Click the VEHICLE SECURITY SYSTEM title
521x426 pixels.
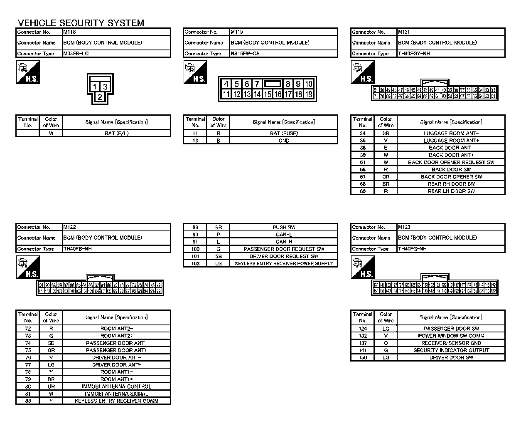click(81, 23)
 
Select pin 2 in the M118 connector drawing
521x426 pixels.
click(100, 97)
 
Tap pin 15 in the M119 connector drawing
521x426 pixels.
click(268, 94)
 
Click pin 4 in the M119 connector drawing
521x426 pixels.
click(226, 84)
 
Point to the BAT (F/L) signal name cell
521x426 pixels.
click(116, 134)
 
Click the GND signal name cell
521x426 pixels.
click(284, 141)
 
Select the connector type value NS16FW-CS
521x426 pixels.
click(245, 54)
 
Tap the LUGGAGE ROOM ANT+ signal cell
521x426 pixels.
click(451, 141)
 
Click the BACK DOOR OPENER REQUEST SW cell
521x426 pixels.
click(451, 162)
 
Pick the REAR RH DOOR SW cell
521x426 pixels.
click(451, 184)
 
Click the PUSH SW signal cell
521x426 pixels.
click(284, 228)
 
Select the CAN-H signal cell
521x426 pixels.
click(284, 242)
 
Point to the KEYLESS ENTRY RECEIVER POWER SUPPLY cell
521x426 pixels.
click(284, 263)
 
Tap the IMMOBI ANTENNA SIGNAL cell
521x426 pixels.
click(116, 394)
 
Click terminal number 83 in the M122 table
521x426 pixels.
click(28, 401)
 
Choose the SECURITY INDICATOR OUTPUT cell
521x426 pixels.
click(451, 350)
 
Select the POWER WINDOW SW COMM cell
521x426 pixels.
click(451, 336)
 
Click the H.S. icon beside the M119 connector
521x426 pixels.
click(195, 72)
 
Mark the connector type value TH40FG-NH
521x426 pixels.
click(412, 249)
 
